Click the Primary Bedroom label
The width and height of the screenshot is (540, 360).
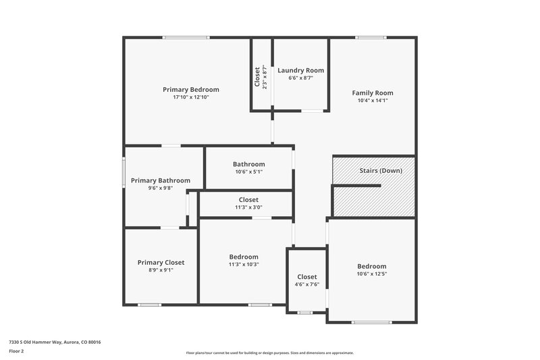click(191, 89)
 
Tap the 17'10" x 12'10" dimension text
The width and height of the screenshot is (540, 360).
click(191, 97)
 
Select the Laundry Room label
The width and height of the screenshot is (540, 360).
click(300, 70)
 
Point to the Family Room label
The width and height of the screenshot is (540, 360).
click(372, 93)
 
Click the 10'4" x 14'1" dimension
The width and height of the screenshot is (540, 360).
click(372, 101)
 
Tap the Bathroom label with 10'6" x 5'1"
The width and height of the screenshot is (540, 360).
click(248, 164)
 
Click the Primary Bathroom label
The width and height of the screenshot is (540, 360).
click(161, 180)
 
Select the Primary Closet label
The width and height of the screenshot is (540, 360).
click(161, 262)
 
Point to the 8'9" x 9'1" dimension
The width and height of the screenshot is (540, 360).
click(161, 270)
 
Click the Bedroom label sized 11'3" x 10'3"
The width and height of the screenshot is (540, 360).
click(244, 257)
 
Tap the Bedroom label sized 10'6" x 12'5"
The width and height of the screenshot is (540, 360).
click(372, 266)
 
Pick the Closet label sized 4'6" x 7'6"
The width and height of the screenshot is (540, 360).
click(306, 277)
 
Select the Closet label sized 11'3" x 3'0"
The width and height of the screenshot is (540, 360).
click(248, 200)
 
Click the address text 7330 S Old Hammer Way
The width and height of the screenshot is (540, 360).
click(55, 342)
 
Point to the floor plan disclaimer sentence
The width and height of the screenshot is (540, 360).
click(269, 353)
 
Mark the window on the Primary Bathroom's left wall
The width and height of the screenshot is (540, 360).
click(124, 172)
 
